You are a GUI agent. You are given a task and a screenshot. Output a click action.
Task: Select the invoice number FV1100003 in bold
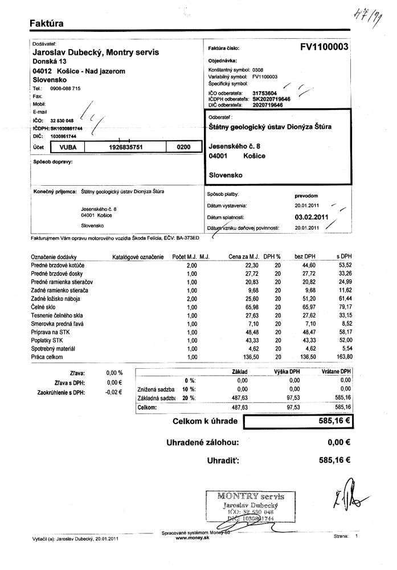click(324, 48)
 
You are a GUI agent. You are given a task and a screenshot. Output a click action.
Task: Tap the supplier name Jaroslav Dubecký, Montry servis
click(96, 52)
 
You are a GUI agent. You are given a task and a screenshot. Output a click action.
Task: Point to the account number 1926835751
click(125, 147)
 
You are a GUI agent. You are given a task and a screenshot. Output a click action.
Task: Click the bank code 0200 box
click(183, 147)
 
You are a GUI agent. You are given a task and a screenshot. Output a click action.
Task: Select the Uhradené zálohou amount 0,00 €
click(339, 442)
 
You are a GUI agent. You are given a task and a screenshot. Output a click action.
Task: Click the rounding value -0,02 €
click(114, 393)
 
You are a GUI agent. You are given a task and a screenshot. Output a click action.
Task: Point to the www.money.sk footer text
click(193, 538)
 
